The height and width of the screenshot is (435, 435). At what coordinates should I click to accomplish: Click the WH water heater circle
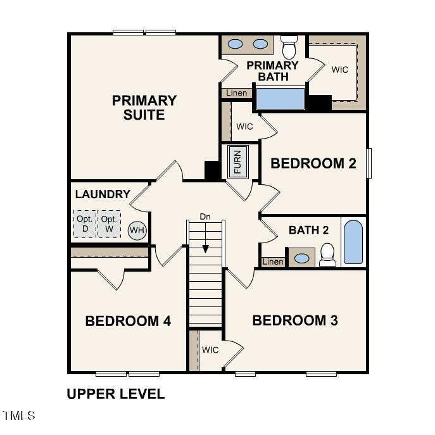click(137, 230)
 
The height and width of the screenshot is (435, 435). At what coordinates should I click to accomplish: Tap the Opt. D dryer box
click(85, 224)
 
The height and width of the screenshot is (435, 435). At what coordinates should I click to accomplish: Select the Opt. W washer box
click(109, 224)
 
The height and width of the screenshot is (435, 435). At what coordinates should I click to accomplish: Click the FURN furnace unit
click(237, 162)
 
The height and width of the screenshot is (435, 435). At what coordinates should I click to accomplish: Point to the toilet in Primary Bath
click(289, 47)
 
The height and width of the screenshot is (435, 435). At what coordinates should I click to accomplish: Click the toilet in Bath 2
click(327, 255)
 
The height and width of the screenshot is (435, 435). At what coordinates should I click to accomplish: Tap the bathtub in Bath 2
click(353, 242)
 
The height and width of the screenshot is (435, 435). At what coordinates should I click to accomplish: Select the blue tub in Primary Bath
click(281, 99)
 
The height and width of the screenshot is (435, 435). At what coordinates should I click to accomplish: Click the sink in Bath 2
click(301, 258)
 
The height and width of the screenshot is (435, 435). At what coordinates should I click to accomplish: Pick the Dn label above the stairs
click(205, 217)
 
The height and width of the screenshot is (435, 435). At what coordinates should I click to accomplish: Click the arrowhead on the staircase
click(205, 249)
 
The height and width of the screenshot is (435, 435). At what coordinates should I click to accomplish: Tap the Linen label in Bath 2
click(273, 262)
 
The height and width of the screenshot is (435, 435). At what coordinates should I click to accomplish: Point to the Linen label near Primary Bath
click(236, 93)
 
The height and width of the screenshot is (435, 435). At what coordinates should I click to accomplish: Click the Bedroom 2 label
click(313, 163)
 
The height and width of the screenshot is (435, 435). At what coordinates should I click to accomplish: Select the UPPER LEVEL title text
click(116, 394)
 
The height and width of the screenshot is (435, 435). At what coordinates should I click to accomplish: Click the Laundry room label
click(103, 194)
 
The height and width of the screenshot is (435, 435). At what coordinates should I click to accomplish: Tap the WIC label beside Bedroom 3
click(210, 350)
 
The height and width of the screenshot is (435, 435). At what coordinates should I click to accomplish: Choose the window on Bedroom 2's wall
click(369, 163)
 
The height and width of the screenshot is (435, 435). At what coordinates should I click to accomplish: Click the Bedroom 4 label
click(128, 321)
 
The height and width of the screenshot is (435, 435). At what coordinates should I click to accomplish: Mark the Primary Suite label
click(144, 108)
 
